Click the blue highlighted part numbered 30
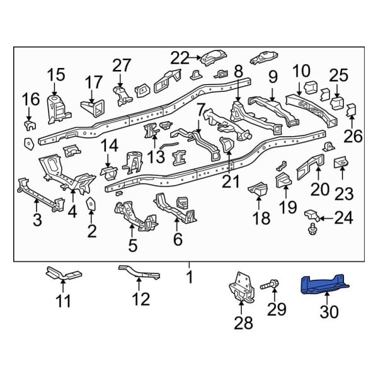(325, 285)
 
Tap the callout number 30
(333, 312)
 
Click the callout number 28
(243, 323)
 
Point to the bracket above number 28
(241, 290)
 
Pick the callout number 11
(63, 301)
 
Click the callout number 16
(30, 99)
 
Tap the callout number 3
(37, 220)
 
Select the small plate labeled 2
(91, 206)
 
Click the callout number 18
(261, 219)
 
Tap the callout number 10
(301, 71)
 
